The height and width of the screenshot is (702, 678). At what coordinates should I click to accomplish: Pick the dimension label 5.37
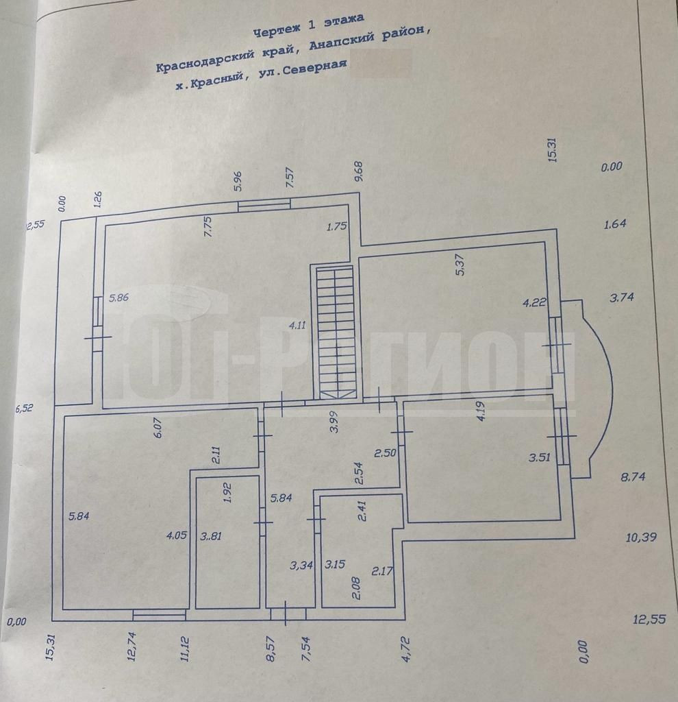tap(460, 265)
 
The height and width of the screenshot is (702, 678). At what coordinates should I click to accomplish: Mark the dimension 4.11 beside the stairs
tap(297, 326)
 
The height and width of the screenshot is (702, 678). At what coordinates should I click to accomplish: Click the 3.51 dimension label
tap(540, 459)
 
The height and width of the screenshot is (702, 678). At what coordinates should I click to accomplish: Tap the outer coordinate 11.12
tap(185, 649)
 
